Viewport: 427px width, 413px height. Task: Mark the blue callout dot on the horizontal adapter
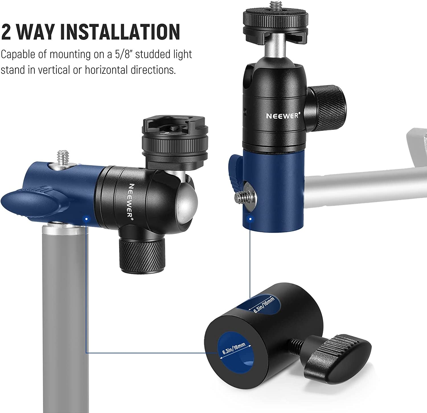86,219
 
